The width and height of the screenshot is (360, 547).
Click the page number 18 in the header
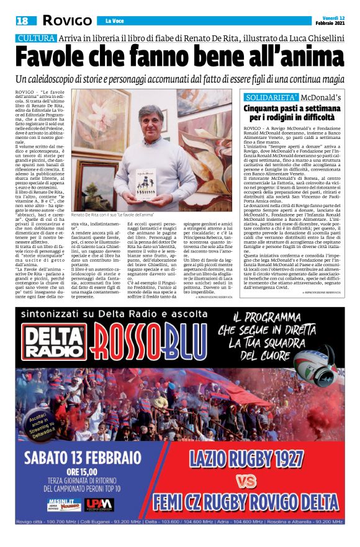click(23, 21)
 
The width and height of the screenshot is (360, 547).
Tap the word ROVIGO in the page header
click(66, 21)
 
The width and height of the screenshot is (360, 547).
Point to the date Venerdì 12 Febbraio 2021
click(329, 20)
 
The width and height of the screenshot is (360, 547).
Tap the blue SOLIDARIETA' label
click(279, 98)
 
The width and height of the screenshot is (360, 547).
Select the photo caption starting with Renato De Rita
click(111, 215)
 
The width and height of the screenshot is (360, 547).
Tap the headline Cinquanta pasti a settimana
click(292, 112)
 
